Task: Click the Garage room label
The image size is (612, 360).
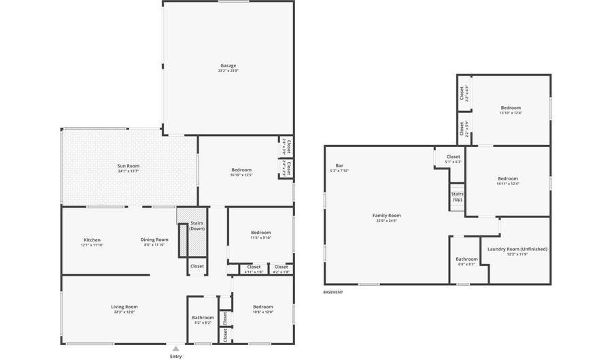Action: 228,66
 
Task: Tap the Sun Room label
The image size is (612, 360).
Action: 129,166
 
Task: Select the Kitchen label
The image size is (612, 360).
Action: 92,240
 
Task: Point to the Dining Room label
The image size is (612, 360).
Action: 154,240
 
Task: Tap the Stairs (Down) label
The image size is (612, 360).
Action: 197,225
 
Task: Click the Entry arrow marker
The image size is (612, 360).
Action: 176,348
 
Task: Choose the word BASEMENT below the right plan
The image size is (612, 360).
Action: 333,292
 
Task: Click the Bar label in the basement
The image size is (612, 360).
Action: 339,166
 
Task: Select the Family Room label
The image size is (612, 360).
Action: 386,216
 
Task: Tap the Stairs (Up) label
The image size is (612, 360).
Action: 457,197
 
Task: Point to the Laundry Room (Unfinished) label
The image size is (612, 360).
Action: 517,249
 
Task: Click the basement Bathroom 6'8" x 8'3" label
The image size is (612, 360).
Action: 466,259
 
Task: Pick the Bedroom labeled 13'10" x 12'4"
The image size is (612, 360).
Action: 511,108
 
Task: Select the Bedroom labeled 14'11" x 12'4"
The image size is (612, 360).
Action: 507,179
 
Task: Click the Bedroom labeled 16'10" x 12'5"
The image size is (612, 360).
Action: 241,170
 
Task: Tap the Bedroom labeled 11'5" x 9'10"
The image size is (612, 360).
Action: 260,233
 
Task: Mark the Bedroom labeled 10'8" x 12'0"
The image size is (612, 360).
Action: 263,307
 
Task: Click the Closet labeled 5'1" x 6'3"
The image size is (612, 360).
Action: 453,157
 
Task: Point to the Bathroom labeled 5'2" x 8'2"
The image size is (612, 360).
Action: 203,317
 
